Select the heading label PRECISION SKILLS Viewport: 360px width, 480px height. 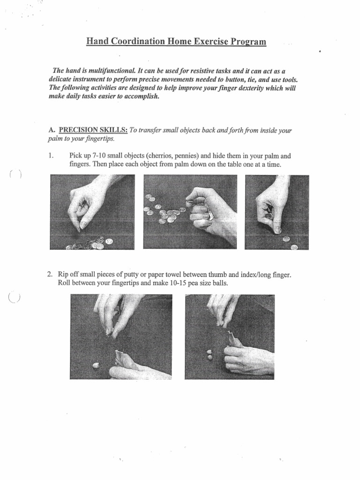click(92, 130)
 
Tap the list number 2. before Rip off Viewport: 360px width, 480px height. click(50, 274)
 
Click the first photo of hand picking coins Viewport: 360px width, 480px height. click(92, 211)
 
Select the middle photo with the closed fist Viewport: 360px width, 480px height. click(189, 211)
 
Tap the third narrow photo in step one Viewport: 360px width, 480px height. click(277, 211)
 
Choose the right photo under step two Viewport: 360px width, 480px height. click(230, 337)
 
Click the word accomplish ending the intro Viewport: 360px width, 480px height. click(135, 96)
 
